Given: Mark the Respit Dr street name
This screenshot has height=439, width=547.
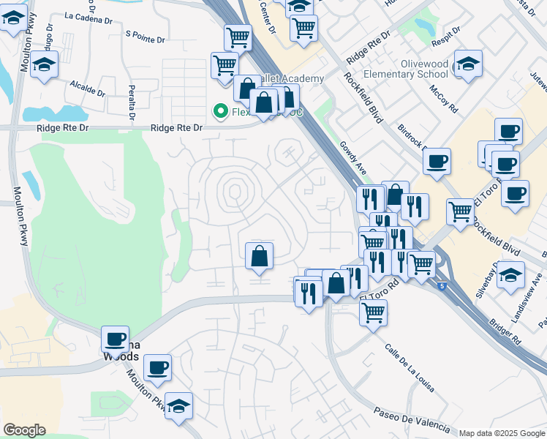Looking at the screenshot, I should pos(445,35).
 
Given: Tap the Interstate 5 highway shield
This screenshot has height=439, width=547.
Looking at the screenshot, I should pos(442,285).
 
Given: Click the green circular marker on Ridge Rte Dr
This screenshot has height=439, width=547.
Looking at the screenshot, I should pos(219,111).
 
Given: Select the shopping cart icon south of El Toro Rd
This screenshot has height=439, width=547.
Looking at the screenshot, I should pos(373,312).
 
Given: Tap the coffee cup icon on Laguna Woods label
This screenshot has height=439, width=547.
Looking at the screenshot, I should pos(115,339).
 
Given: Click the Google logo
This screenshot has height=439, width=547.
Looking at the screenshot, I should pos(24,430).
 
